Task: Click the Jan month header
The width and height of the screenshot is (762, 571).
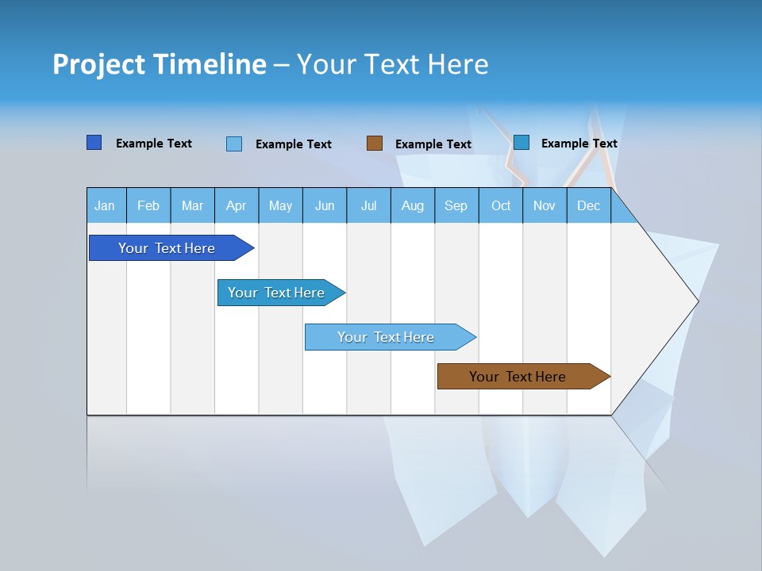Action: tap(105, 206)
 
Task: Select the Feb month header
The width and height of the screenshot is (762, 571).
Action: tap(148, 206)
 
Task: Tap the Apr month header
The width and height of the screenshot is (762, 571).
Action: tap(237, 206)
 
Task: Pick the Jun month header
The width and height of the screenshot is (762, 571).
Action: tap(325, 206)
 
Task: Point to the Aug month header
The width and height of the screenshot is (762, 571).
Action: tap(413, 206)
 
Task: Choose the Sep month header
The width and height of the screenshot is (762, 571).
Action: tap(456, 206)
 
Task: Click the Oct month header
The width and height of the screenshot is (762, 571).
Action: tap(501, 206)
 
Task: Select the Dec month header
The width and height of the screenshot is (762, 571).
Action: tap(589, 206)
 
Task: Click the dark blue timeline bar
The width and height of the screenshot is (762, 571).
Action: tap(167, 248)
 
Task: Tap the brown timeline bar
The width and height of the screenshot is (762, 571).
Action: tap(518, 377)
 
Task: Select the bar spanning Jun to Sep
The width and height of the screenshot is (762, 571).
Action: tap(387, 337)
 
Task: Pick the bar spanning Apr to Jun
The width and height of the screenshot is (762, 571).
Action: tap(277, 293)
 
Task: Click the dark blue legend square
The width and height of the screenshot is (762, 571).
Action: tap(94, 143)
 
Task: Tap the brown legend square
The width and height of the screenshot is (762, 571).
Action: tap(375, 144)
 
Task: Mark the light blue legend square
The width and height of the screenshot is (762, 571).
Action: tap(234, 144)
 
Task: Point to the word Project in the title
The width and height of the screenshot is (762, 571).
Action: tap(98, 64)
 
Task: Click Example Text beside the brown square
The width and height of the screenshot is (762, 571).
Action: tap(433, 144)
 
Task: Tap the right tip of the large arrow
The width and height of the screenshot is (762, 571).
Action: tap(696, 301)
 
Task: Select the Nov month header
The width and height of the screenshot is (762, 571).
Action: tap(545, 206)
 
